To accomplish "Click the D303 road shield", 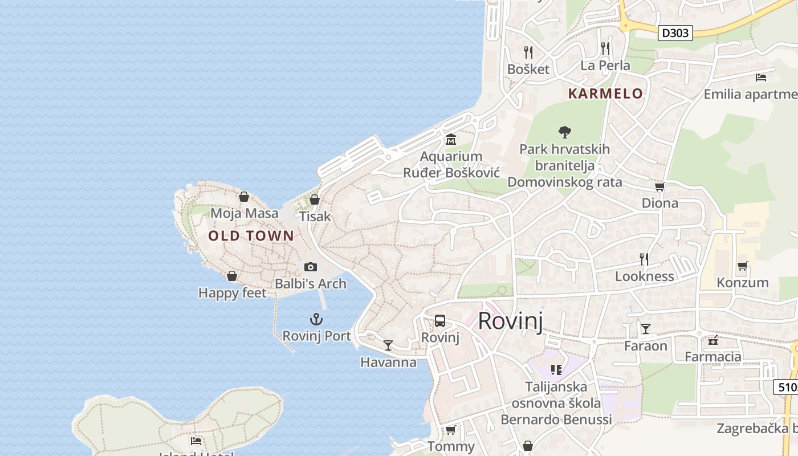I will (x=675, y=33).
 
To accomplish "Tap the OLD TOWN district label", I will (x=251, y=236).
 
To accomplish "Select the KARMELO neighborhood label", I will (x=605, y=93).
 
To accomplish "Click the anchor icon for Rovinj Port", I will (x=316, y=319).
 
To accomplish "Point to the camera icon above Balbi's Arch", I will (x=311, y=267).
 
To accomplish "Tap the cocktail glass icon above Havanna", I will (x=388, y=345).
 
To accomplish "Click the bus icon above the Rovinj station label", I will (x=440, y=320).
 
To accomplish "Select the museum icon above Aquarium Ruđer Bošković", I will (x=451, y=139).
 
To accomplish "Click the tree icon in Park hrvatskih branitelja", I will (x=565, y=132).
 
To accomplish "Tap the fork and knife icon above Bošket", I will (x=528, y=52).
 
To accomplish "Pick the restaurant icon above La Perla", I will (x=605, y=48).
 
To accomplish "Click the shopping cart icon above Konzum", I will (x=742, y=266).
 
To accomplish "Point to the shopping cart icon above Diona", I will (x=660, y=186).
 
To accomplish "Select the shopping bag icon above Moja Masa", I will (x=244, y=197).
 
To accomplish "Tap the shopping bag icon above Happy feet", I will (x=232, y=276).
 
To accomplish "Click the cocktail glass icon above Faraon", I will (x=645, y=328).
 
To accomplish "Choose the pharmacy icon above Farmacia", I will (x=712, y=340).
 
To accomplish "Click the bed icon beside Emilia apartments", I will (x=760, y=77).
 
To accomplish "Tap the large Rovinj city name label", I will (x=510, y=321).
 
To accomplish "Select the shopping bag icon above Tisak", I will (x=314, y=199).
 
